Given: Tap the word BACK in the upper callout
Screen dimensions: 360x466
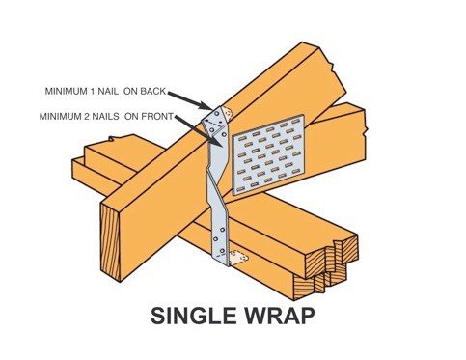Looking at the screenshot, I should tap(150, 93).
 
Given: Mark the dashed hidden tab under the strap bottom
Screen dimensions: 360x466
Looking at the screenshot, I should tap(239, 258).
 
